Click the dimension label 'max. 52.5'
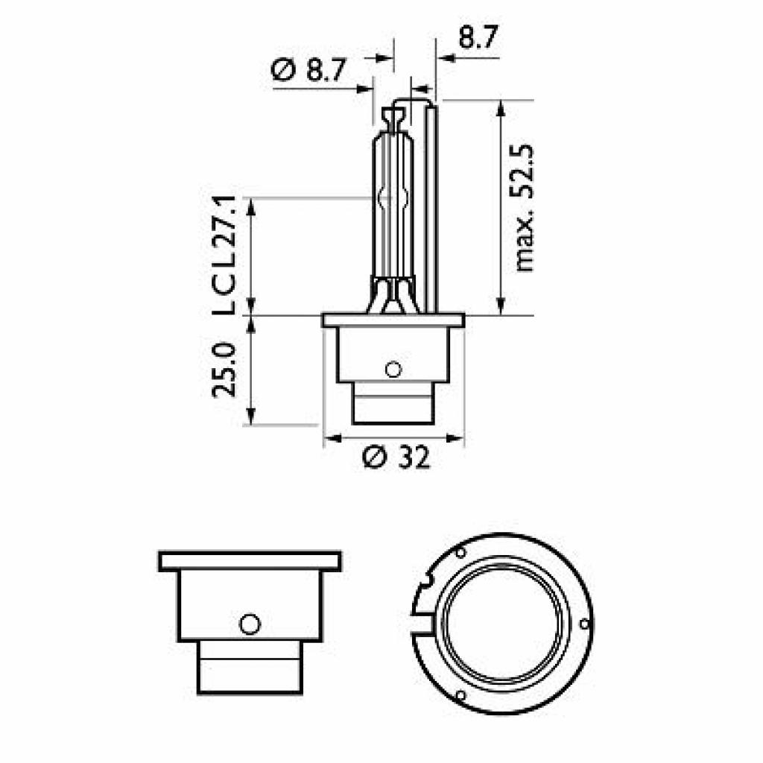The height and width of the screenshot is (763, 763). (x=525, y=208)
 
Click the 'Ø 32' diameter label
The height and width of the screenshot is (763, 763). (x=396, y=457)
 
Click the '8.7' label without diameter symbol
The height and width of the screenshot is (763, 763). (x=478, y=37)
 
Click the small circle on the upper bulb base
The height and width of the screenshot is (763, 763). (x=393, y=368)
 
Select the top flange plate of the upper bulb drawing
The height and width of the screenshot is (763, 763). (x=393, y=320)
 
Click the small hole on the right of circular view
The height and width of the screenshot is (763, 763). (x=583, y=622)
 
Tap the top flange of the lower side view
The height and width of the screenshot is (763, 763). (x=250, y=561)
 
